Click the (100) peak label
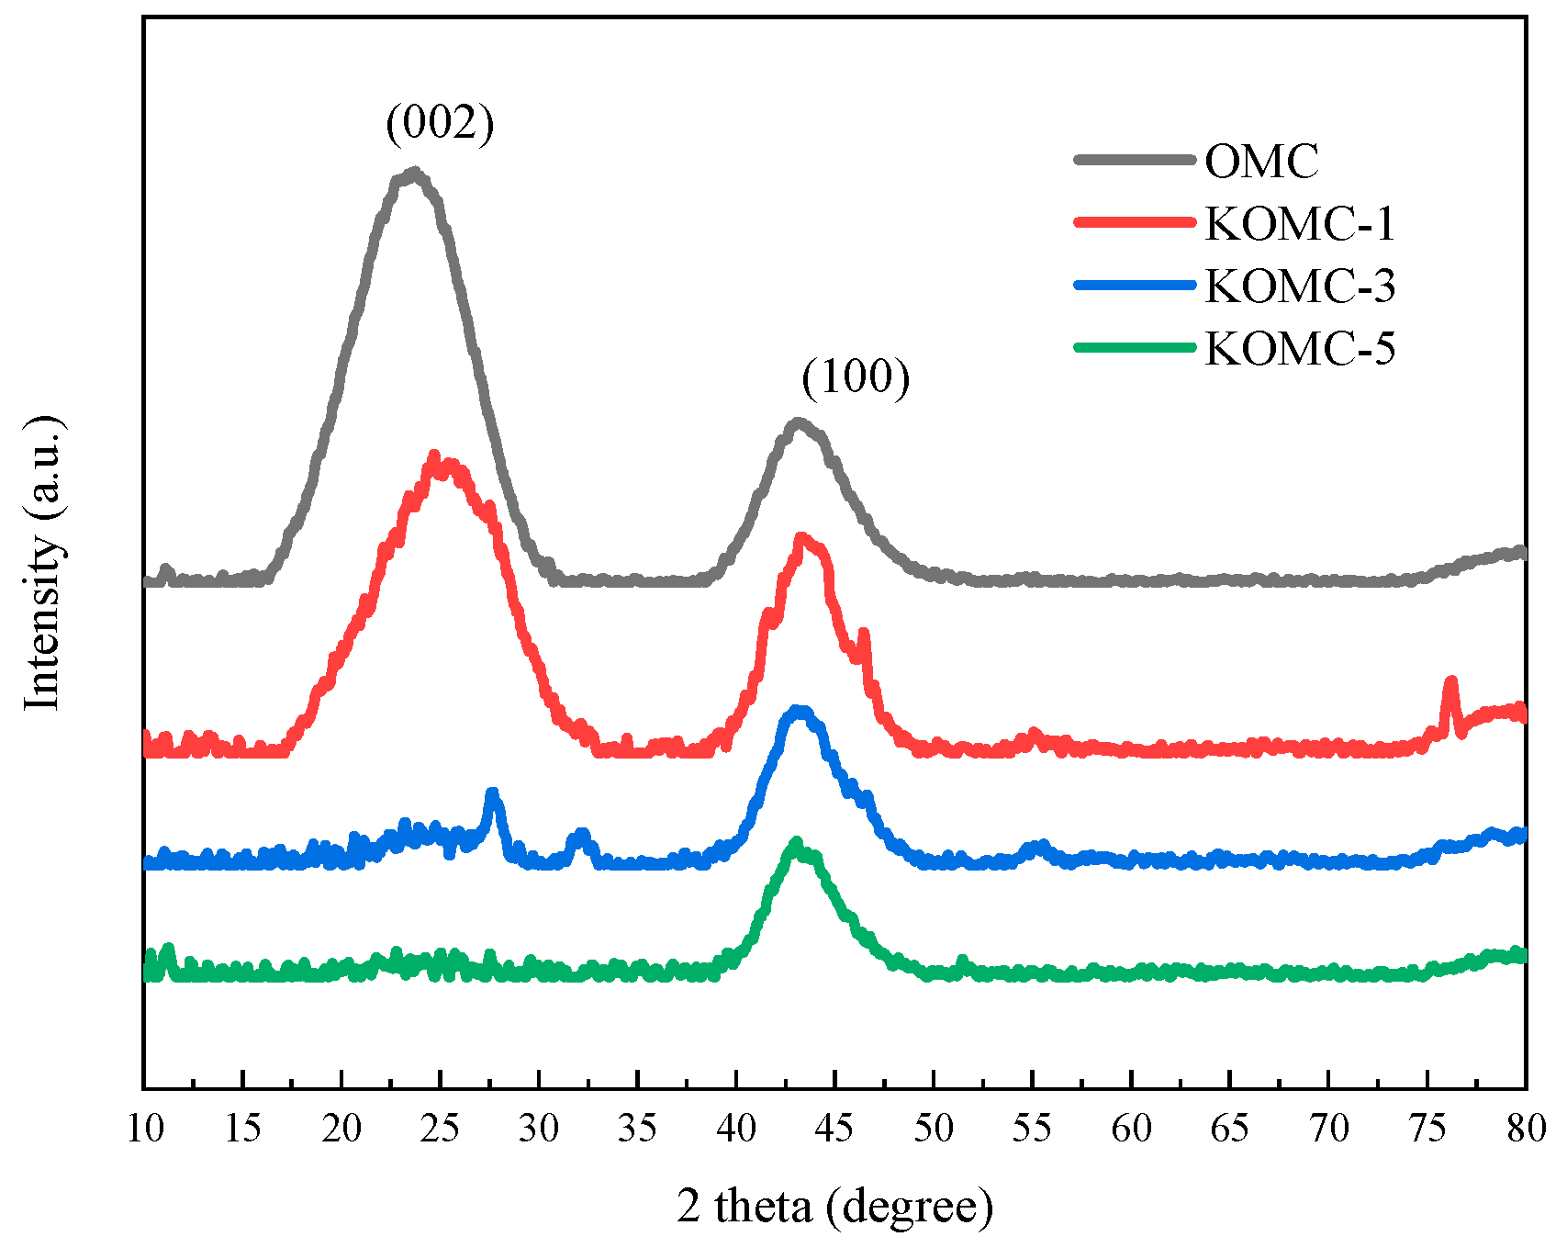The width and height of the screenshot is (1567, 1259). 856,377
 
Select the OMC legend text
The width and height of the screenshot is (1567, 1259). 1261,162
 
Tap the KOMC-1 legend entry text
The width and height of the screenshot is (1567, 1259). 1300,224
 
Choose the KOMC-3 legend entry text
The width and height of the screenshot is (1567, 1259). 1300,287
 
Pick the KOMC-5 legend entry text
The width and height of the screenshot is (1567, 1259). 1300,349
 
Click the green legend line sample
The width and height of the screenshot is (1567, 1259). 1135,347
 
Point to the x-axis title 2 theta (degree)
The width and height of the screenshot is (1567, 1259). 835,1206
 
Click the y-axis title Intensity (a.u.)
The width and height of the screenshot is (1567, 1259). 44,563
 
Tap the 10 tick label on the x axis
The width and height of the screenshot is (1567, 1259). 144,1128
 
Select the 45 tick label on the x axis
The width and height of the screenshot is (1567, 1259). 834,1128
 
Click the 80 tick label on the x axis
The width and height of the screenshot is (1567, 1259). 1526,1128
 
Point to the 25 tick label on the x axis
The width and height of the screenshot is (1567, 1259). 440,1128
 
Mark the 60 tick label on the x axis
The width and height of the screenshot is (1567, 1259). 1131,1128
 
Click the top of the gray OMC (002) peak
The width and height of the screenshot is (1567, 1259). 414,173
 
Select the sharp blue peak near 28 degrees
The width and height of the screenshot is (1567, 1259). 493,793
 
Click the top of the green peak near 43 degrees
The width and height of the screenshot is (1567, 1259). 796,843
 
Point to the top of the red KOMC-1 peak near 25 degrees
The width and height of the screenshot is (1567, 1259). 435,457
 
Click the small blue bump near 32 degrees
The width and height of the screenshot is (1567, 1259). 580,835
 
